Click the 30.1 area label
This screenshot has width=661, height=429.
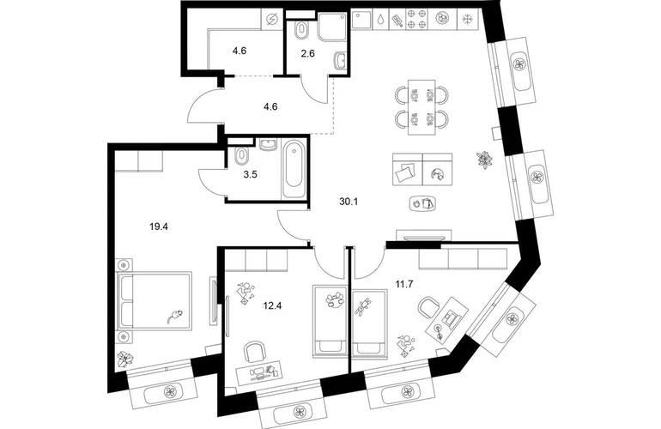[349, 202]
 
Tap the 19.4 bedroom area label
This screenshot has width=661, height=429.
[159, 227]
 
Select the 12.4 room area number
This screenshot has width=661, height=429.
[272, 305]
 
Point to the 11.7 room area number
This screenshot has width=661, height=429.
[403, 284]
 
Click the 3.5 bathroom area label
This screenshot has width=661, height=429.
[250, 174]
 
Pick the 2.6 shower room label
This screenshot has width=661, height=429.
[307, 53]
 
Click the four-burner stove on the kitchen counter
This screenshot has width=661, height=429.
[415, 20]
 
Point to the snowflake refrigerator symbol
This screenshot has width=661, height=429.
[467, 20]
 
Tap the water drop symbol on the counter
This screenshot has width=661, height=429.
[380, 20]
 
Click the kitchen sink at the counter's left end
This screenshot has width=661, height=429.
[362, 20]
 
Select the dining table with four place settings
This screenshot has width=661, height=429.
[421, 107]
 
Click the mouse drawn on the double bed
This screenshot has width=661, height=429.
[174, 316]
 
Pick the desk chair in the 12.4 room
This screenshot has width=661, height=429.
[256, 352]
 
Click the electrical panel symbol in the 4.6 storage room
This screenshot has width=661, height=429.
[272, 20]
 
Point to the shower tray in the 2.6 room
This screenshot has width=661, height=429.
[332, 27]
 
